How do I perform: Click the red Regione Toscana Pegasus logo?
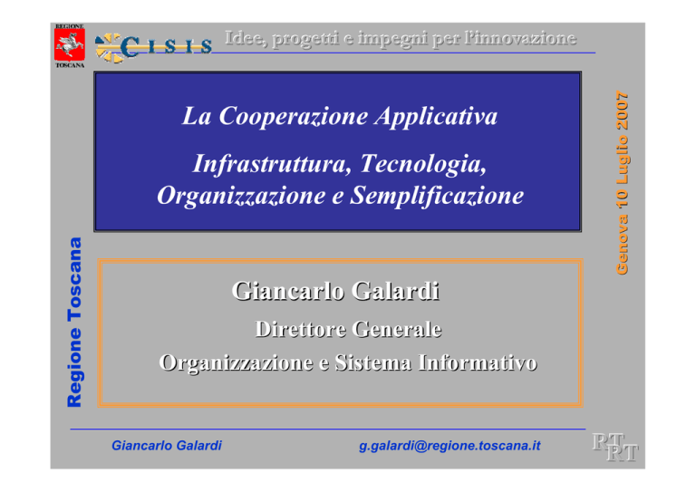tap(70, 45)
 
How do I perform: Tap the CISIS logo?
tap(153, 47)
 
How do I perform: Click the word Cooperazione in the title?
tap(294, 116)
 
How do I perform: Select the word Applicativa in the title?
tap(436, 117)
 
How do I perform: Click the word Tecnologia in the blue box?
tap(423, 165)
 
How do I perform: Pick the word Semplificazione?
tap(437, 196)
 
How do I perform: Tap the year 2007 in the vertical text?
tap(623, 111)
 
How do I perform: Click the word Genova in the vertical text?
tap(623, 245)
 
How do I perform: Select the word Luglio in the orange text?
tap(623, 159)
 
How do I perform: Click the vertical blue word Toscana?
tap(74, 279)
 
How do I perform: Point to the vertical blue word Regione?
tap(74, 367)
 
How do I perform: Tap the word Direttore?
tap(301, 329)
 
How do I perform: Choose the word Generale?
tap(398, 329)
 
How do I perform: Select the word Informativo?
tap(478, 362)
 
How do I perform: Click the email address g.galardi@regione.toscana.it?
tap(449, 446)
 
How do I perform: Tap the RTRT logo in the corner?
tap(615, 448)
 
